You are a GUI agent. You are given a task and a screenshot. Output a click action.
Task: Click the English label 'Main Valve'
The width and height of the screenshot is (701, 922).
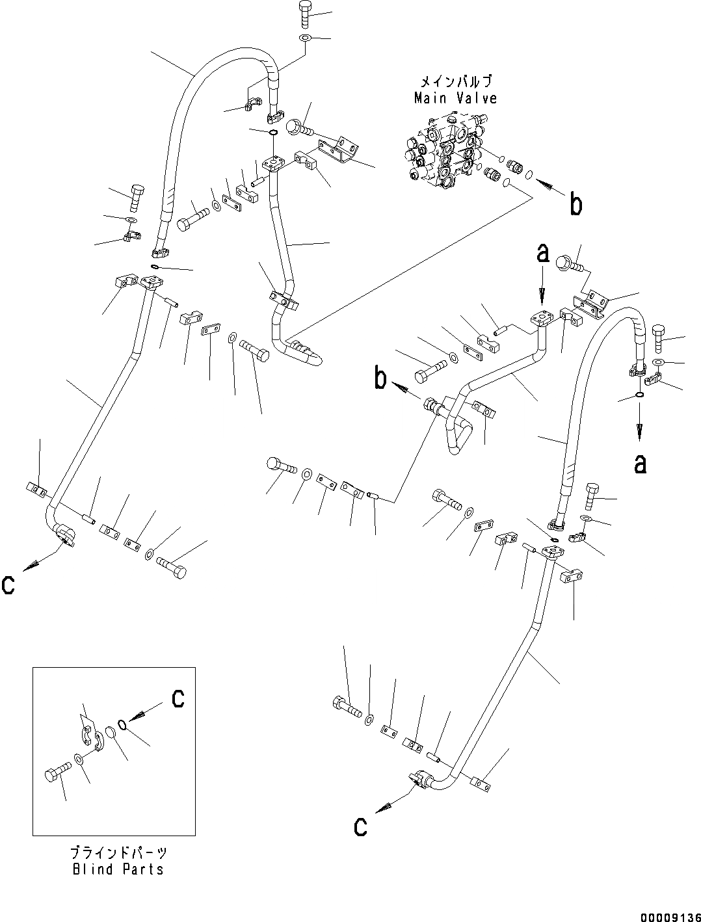(x=455, y=98)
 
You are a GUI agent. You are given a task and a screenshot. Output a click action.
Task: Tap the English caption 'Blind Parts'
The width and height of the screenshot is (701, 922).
(x=118, y=869)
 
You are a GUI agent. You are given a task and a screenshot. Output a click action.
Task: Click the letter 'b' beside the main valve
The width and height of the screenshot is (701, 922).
(x=575, y=205)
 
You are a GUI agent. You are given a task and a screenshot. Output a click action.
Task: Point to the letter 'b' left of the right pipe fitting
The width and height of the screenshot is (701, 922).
(x=381, y=379)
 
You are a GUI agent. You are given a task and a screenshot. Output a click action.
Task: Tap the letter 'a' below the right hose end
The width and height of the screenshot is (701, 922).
(x=640, y=464)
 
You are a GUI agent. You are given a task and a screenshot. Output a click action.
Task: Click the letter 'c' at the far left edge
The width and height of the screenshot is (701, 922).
(x=8, y=585)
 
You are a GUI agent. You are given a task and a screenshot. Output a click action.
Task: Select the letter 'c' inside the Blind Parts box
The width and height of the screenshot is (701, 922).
(x=178, y=698)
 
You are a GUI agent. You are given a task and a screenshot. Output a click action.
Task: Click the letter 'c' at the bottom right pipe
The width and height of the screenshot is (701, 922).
(x=360, y=826)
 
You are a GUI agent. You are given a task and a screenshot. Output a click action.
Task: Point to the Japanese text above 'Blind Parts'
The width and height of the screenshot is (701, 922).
(x=118, y=852)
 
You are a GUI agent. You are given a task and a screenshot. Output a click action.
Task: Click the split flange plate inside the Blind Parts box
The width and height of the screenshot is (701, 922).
(x=92, y=742)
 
